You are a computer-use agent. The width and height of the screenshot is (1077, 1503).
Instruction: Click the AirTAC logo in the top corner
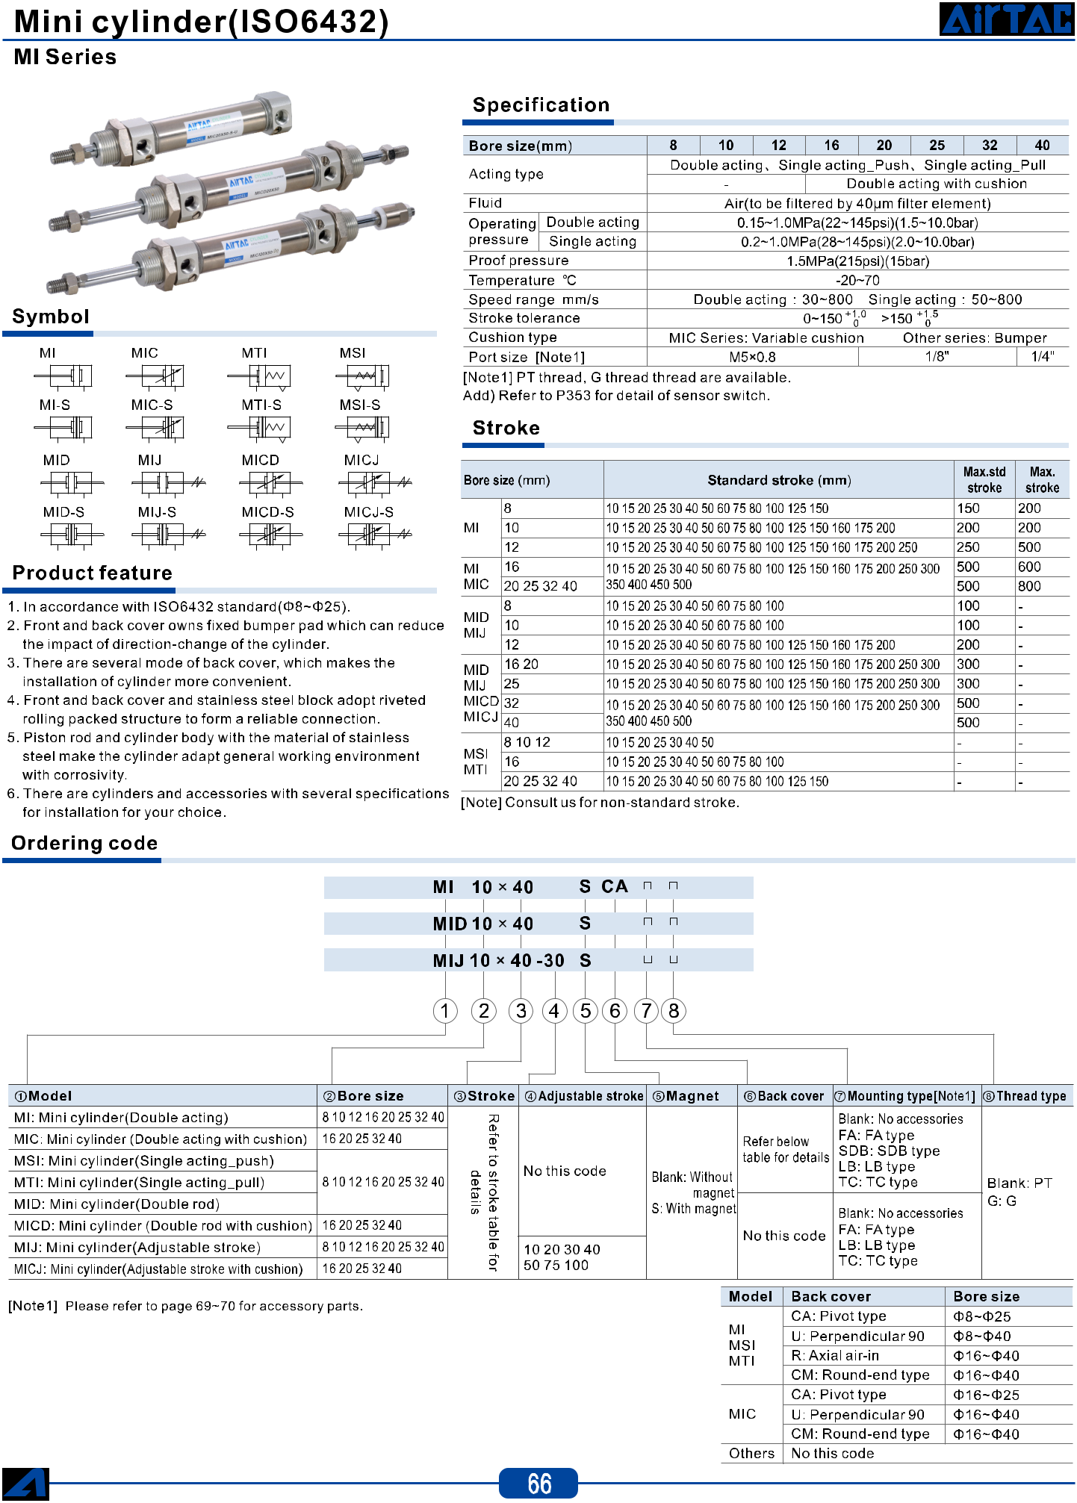point(1007,19)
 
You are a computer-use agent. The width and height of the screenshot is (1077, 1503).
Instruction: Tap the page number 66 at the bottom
point(539,1483)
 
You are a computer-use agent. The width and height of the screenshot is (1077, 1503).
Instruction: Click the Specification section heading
point(541,105)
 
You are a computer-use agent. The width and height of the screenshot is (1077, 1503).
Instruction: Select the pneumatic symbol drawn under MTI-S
point(258,428)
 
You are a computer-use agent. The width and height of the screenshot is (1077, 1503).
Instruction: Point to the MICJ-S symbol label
point(368,512)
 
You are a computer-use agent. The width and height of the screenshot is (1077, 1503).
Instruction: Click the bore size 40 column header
point(1042,146)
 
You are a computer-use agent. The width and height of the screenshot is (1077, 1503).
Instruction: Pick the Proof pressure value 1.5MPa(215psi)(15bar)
point(857,261)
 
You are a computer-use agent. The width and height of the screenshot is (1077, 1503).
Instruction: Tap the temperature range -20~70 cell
point(857,280)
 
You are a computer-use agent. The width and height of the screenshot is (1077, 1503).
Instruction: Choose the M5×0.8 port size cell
point(752,357)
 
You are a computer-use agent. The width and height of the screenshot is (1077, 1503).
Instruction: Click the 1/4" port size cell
point(1043,357)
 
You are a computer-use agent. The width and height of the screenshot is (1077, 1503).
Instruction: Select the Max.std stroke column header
point(984,479)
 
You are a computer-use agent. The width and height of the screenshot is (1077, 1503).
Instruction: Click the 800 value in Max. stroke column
point(1029,586)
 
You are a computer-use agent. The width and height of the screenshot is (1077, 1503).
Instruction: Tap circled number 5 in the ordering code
point(586,1011)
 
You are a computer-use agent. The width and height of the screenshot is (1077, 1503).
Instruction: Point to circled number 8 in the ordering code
point(674,1011)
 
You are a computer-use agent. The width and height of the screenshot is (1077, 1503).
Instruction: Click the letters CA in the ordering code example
point(614,886)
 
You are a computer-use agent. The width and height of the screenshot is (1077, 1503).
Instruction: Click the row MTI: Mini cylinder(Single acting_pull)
point(139,1182)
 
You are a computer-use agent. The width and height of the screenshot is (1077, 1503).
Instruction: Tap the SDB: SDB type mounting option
point(889,1151)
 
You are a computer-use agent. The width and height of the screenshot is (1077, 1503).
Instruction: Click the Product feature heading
point(92,573)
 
